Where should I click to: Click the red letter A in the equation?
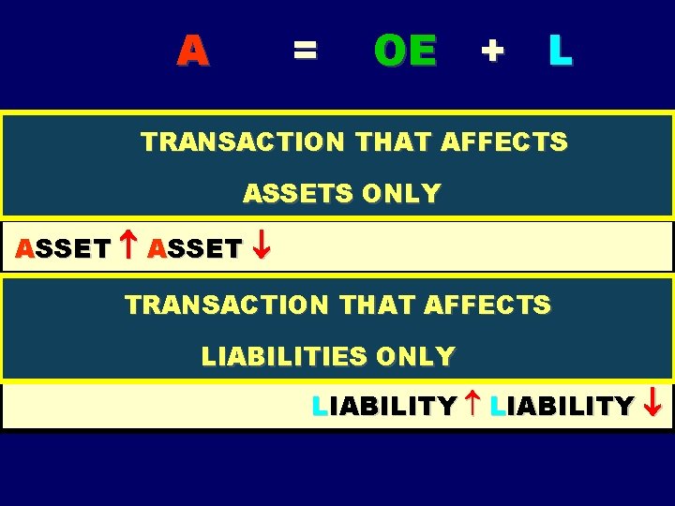pos(192,50)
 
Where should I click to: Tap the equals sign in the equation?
pos(305,49)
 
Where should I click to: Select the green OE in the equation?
pos(405,50)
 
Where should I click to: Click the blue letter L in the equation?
pos(560,50)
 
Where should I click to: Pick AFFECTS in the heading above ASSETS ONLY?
pos(503,141)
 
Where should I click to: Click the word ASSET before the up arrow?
pos(63,249)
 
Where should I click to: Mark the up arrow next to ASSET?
pos(129,248)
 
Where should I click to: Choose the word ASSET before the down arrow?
pos(195,249)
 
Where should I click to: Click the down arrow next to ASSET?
pos(262,248)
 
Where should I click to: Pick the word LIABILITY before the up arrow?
pos(383,406)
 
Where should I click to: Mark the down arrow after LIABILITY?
pos(653,405)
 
